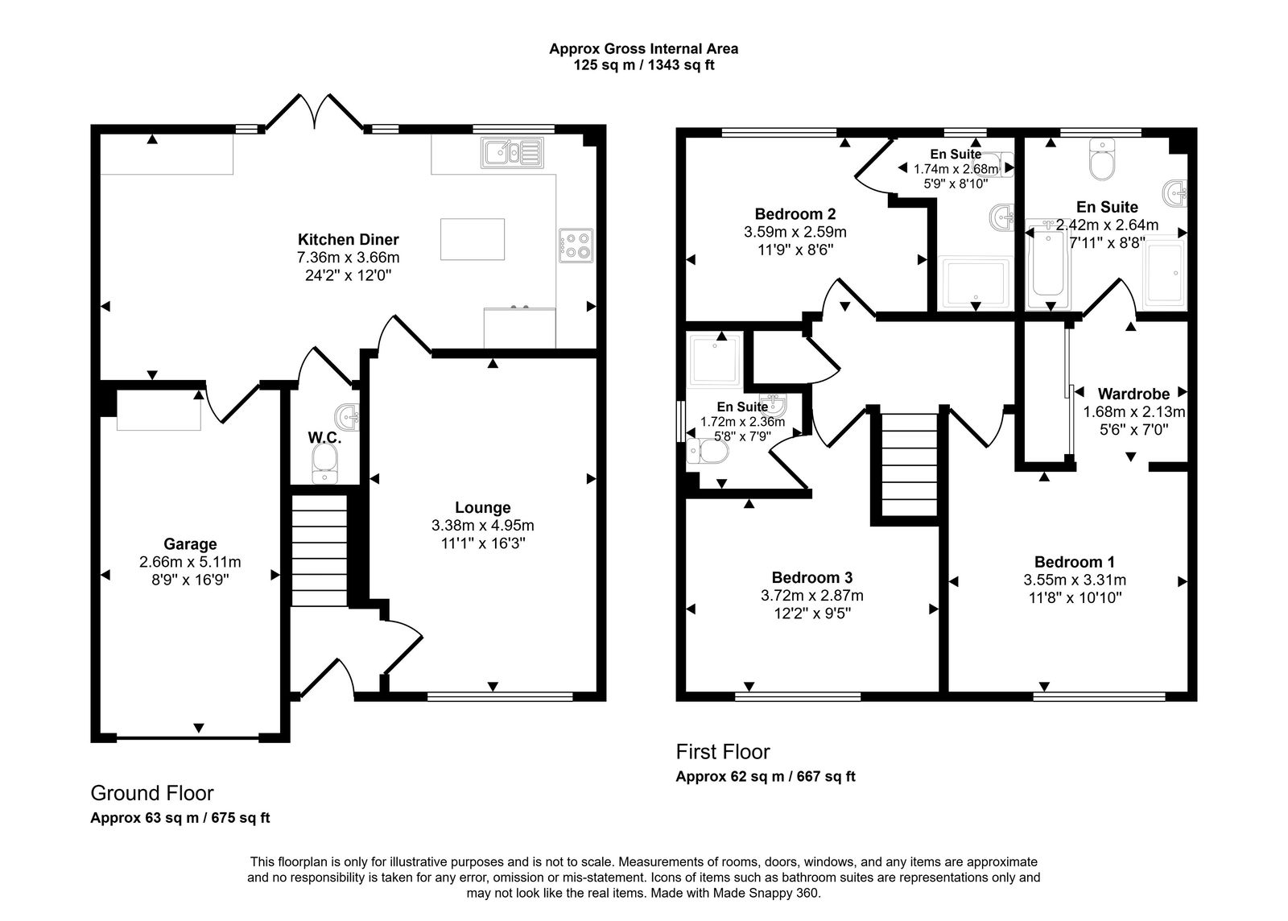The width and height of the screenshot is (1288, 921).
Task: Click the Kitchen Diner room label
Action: click(x=348, y=239)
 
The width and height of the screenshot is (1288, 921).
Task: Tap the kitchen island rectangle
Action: click(x=473, y=239)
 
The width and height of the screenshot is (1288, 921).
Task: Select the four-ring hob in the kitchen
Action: click(x=576, y=246)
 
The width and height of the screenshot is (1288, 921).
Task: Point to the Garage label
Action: click(x=190, y=544)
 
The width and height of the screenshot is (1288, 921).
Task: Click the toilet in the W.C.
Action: click(x=325, y=464)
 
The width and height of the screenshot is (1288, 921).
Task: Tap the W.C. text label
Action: click(x=324, y=438)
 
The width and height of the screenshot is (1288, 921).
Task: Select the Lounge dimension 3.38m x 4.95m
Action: click(x=482, y=526)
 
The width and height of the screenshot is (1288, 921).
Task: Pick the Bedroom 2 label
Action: click(x=795, y=214)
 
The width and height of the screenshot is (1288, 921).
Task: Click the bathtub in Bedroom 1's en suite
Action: click(x=1047, y=266)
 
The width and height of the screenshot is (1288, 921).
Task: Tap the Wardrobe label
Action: click(x=1133, y=394)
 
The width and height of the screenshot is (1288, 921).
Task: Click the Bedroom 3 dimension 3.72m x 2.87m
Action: click(x=811, y=596)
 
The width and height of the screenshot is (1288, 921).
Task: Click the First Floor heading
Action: click(x=722, y=752)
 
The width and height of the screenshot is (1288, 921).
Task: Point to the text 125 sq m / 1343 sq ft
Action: click(x=643, y=65)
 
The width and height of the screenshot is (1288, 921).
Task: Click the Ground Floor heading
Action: click(x=151, y=793)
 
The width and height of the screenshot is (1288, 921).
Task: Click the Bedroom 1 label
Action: click(x=1074, y=562)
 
